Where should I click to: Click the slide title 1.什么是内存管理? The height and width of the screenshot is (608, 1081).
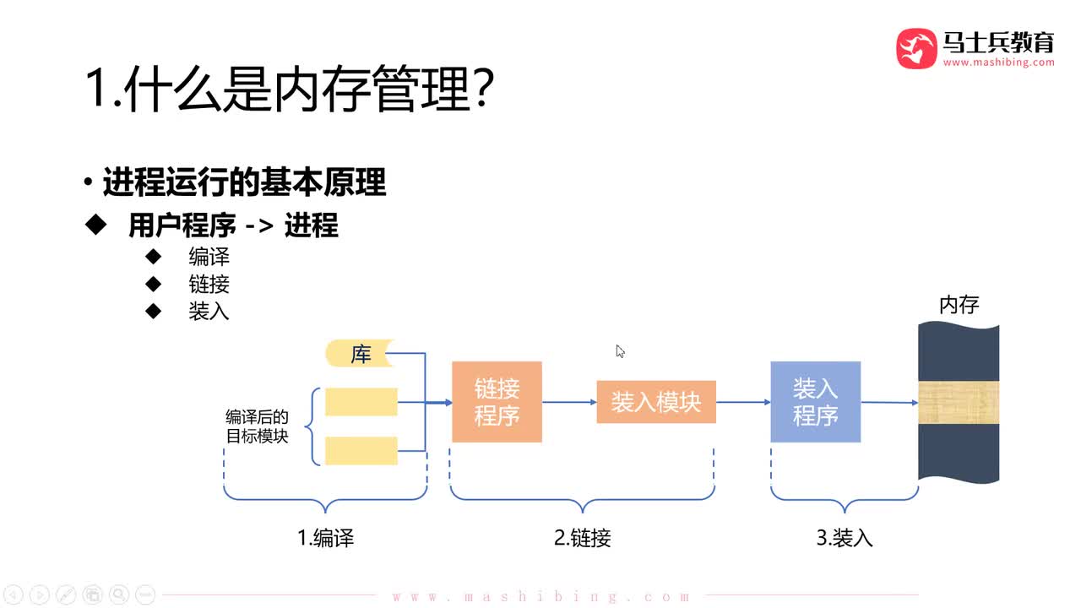click(289, 90)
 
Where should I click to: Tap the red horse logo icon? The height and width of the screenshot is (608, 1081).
click(916, 48)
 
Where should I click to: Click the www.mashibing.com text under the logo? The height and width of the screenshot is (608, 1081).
click(998, 62)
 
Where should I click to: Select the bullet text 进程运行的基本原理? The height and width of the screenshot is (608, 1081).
click(244, 182)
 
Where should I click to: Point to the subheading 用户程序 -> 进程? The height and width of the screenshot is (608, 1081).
click(233, 225)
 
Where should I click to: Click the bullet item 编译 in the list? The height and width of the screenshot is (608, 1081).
click(209, 257)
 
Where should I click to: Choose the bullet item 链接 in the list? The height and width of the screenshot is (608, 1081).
click(209, 284)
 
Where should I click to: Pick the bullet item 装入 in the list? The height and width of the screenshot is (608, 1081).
click(209, 311)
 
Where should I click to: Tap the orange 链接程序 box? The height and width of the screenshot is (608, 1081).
click(497, 402)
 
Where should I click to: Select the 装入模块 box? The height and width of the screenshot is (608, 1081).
click(656, 402)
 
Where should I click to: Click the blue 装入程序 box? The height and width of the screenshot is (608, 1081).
click(815, 402)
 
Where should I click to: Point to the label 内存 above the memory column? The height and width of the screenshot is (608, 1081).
click(959, 304)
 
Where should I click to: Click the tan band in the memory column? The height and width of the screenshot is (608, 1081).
click(959, 403)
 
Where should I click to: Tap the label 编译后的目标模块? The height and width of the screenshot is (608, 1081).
click(257, 426)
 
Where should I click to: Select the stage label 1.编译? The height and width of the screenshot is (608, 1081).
click(325, 538)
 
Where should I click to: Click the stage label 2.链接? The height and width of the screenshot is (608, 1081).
click(582, 538)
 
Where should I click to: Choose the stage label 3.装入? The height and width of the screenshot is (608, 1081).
click(844, 538)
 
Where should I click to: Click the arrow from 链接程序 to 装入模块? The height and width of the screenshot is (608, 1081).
click(569, 402)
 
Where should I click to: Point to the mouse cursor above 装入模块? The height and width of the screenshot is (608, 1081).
click(620, 351)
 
